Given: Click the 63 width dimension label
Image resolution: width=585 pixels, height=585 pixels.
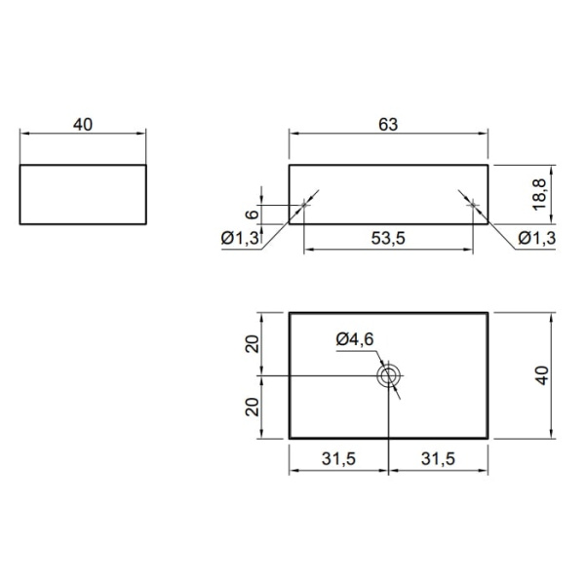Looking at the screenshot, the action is [x=388, y=125].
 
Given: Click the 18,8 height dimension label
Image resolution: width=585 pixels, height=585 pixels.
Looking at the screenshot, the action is [x=539, y=194].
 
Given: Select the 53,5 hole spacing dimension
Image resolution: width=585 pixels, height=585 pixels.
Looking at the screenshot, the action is [x=388, y=238].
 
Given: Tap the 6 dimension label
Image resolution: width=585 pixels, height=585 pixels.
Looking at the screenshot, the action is [x=252, y=214].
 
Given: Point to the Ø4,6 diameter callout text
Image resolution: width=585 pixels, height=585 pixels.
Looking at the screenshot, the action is [x=355, y=339].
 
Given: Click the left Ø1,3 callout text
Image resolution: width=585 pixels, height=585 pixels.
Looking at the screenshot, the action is [x=240, y=238].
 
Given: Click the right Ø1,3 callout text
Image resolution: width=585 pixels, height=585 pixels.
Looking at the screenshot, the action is [x=537, y=238].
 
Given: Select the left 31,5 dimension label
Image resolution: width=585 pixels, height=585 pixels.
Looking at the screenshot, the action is [x=338, y=458].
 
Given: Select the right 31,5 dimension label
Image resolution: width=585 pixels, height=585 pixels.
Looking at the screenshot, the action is [x=438, y=458].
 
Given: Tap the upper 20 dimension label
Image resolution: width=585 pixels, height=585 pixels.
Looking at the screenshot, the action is [x=253, y=344].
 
